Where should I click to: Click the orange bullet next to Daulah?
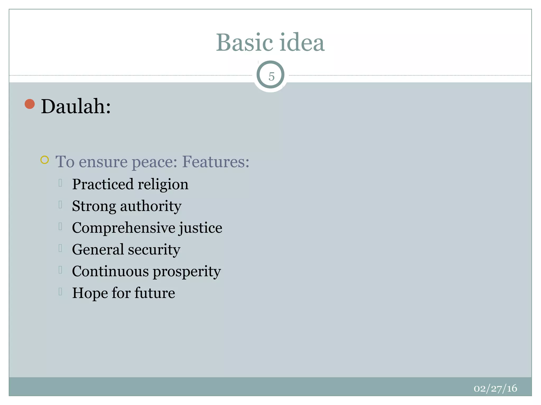(x=30, y=104)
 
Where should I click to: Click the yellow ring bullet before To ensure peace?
(x=45, y=160)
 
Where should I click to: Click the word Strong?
(x=94, y=206)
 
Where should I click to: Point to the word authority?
(x=151, y=206)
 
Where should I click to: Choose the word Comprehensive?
(x=123, y=228)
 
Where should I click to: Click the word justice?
(x=200, y=228)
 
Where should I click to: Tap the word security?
(x=154, y=250)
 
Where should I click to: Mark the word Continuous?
(x=110, y=271)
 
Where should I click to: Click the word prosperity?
(x=187, y=272)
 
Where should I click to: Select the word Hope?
(x=90, y=293)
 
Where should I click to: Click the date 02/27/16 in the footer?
(x=495, y=388)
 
